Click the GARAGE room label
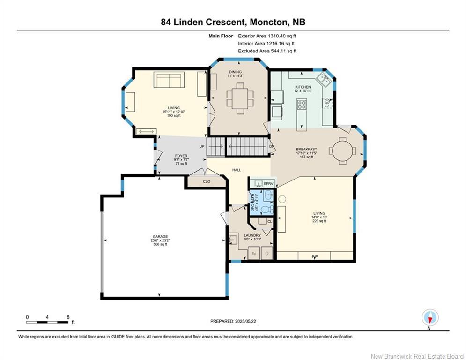tap(160, 237)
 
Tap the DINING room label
tap(235, 72)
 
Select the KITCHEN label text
tap(303, 87)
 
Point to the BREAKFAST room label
tap(306, 150)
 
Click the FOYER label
tap(181, 156)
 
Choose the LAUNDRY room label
tap(252, 235)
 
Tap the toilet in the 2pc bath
tap(267, 210)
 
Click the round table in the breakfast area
tap(342, 151)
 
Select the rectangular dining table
tap(240, 98)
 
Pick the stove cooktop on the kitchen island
tap(302, 105)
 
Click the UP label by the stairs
tap(202, 146)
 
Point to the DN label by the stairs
tap(272, 146)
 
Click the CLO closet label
tap(207, 181)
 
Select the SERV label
tap(268, 184)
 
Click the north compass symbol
tap(430, 318)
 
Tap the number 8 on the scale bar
tap(68, 317)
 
